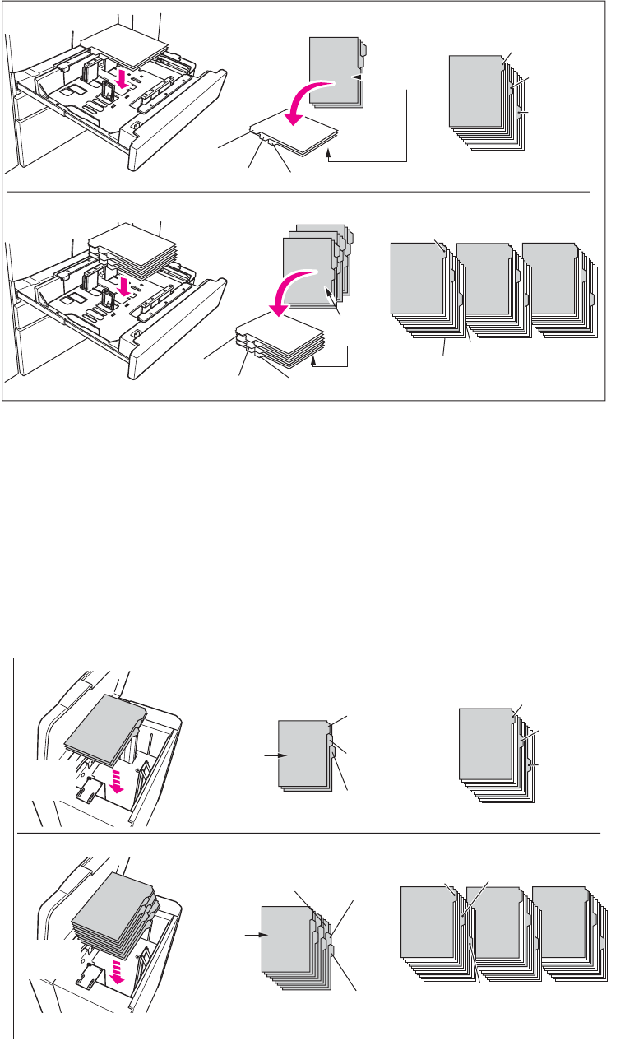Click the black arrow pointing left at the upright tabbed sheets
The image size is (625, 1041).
pos(361,77)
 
